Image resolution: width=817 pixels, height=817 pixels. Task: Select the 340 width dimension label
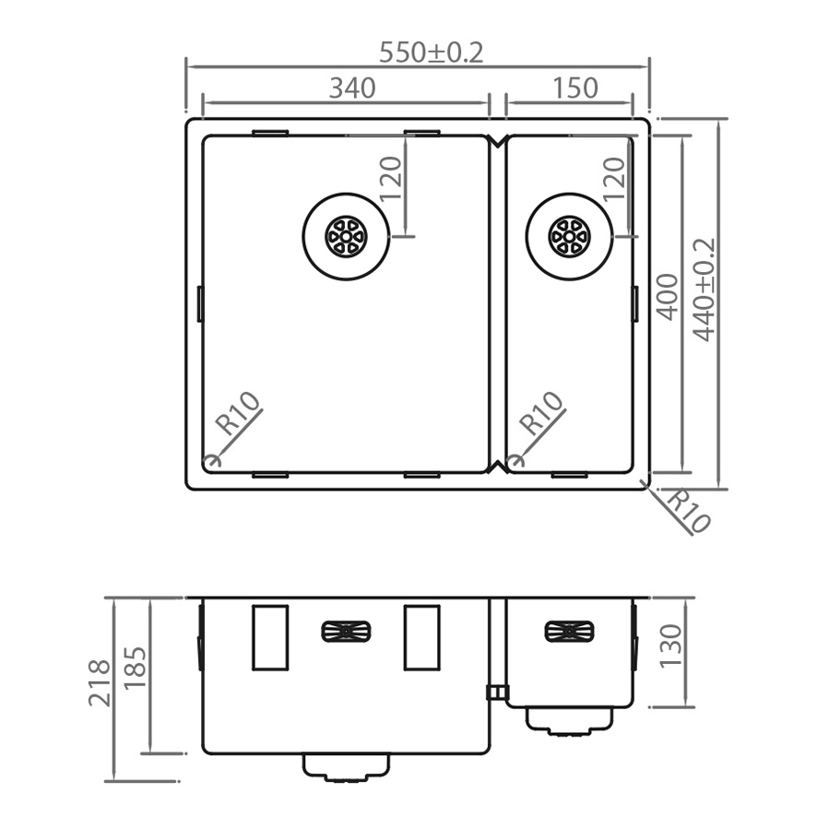pyautogui.click(x=352, y=89)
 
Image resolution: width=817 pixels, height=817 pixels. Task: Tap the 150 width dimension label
pyautogui.click(x=575, y=89)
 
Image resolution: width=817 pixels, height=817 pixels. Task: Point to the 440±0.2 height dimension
pyautogui.click(x=705, y=290)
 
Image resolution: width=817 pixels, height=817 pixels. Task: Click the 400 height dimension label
pyautogui.click(x=667, y=295)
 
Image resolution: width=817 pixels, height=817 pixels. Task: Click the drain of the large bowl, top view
pyautogui.click(x=347, y=235)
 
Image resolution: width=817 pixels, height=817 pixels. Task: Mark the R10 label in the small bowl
pyautogui.click(x=541, y=414)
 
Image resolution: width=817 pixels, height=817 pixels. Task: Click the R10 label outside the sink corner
pyautogui.click(x=688, y=511)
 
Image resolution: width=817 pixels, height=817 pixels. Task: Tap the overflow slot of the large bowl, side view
pyautogui.click(x=346, y=632)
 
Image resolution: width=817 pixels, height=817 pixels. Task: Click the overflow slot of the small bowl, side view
pyautogui.click(x=569, y=632)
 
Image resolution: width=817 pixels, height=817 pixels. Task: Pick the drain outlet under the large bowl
pyautogui.click(x=347, y=767)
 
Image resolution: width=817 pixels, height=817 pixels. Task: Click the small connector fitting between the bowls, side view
pyautogui.click(x=496, y=693)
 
